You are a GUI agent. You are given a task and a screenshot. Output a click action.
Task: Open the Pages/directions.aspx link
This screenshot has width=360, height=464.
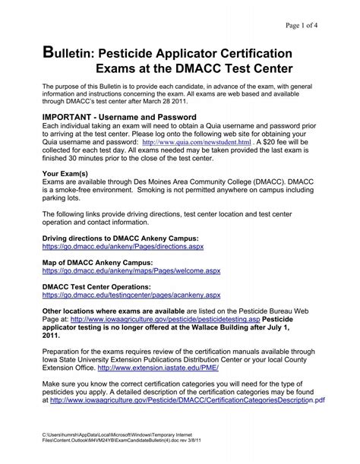click(123, 248)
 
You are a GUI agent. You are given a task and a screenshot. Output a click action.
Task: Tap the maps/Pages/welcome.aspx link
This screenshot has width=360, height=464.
click(130, 270)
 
